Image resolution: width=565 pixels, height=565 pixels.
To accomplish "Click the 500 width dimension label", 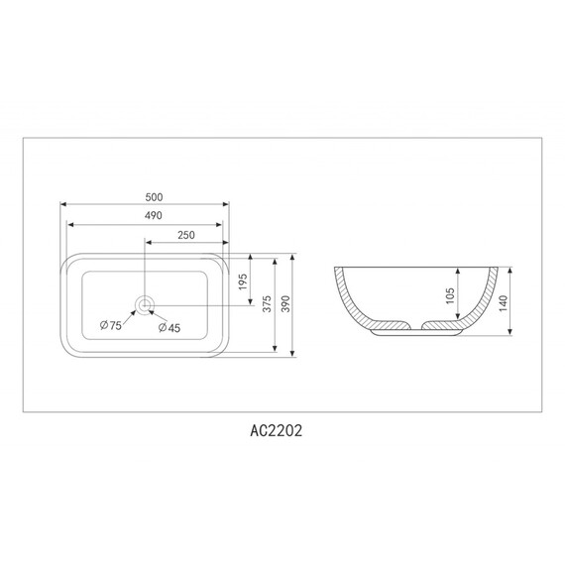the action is click(x=154, y=197).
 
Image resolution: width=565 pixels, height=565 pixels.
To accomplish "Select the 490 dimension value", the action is click(x=153, y=215).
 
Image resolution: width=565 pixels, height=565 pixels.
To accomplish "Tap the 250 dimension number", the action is click(x=186, y=235).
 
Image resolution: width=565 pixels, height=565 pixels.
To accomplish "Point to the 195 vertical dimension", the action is click(x=243, y=282).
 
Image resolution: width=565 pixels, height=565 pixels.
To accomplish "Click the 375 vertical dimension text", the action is click(x=267, y=303).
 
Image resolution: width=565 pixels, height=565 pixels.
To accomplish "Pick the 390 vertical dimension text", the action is click(x=285, y=303).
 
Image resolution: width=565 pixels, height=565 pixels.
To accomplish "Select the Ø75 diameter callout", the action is click(x=111, y=325).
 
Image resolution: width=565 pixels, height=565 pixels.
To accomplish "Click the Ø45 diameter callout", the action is click(x=169, y=327).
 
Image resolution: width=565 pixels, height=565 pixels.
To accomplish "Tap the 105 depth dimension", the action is click(x=450, y=295).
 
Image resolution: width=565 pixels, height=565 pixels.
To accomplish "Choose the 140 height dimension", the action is click(x=504, y=303).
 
